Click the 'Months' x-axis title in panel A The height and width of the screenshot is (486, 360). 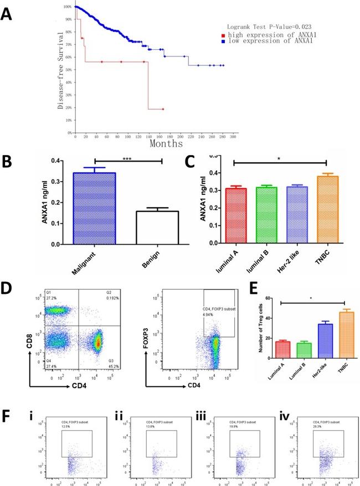pyautogui.click(x=168, y=144)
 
